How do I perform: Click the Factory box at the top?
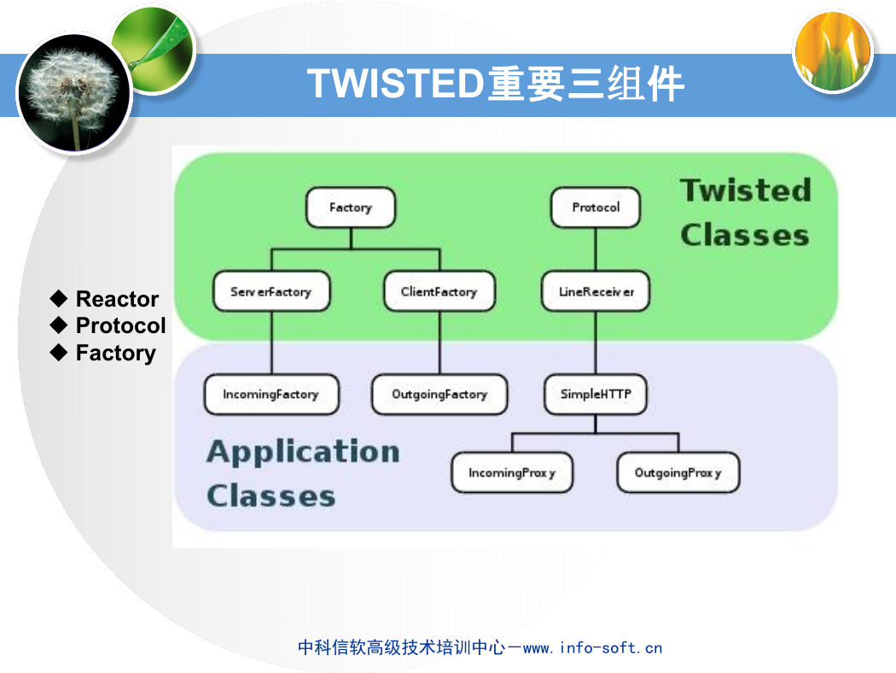pos(350,208)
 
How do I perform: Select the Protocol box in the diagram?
pos(596,208)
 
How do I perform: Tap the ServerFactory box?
pos(271,291)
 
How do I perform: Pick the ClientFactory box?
pos(439,291)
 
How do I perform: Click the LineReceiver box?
pos(596,291)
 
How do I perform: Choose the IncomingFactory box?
pos(271,394)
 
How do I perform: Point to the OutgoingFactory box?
pos(439,394)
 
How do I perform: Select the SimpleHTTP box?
pos(596,394)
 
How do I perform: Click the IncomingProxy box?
pos(512,473)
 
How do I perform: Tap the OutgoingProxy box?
pos(678,473)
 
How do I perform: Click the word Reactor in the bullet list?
pos(117,299)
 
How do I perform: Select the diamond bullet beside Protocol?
pos(59,325)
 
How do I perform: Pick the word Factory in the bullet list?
pos(116,354)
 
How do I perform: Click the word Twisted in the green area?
pos(746,190)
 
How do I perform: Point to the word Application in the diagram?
pos(304,453)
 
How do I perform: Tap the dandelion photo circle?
pos(73,92)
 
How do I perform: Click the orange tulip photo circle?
pos(833,51)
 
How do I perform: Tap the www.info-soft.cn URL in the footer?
pos(592,648)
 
